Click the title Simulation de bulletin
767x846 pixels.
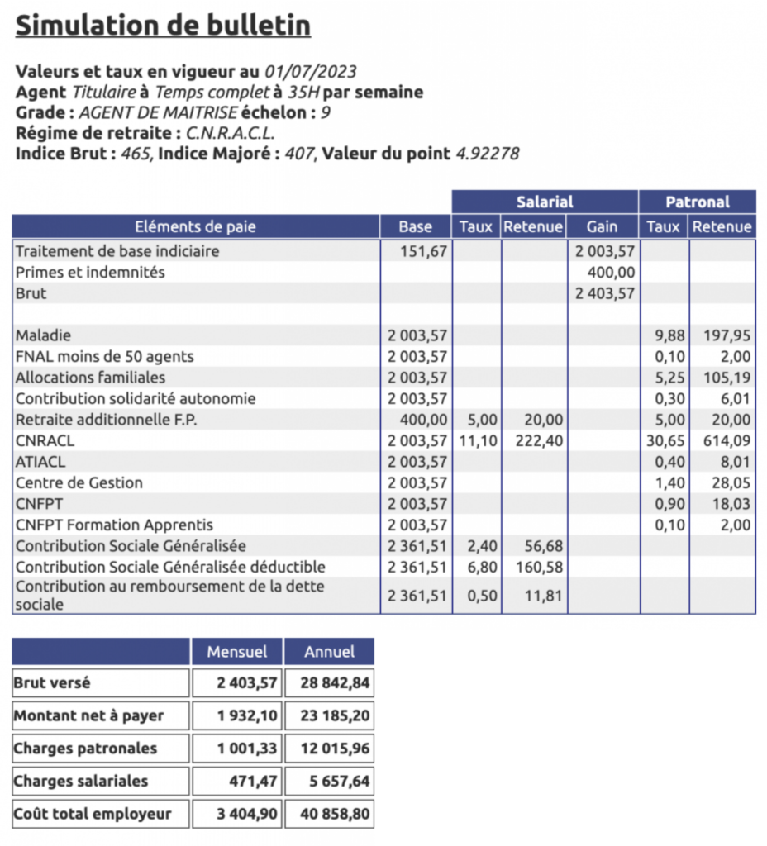163,26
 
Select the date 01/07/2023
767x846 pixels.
310,71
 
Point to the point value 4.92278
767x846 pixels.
488,154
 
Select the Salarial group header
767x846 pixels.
545,202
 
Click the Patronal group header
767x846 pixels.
697,202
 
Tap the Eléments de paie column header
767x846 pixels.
196,226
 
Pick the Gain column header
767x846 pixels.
603,226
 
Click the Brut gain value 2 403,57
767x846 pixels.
603,293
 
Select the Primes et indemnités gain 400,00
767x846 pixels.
611,272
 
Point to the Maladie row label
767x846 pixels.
43,335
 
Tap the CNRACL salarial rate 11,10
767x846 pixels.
478,440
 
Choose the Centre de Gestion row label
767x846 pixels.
79,482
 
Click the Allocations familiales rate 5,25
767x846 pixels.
665,378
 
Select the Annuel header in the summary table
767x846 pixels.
329,652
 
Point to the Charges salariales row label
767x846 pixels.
81,781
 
